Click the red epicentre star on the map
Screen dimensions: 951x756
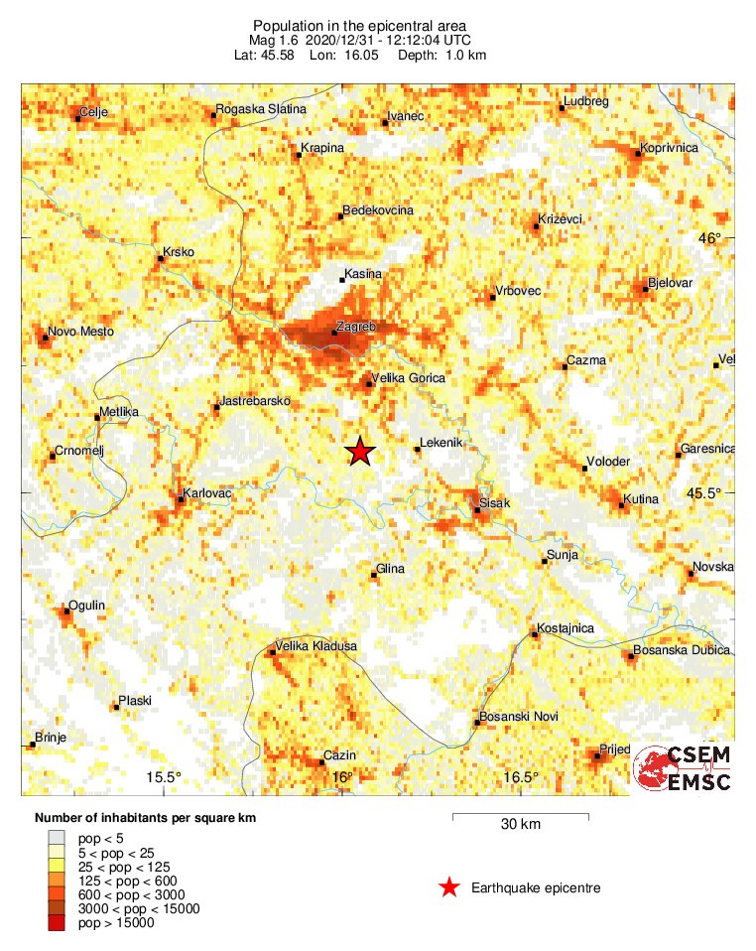tap(360, 452)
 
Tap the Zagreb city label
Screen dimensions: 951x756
tap(355, 325)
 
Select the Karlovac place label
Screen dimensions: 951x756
tap(208, 492)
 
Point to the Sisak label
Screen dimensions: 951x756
tap(494, 503)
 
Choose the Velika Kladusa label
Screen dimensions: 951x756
tap(315, 646)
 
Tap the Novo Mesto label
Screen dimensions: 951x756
tap(81, 332)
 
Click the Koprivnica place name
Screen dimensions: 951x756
tap(670, 148)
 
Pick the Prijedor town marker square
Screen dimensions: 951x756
tap(597, 756)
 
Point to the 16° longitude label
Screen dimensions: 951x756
tap(342, 777)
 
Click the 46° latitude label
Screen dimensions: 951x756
tap(710, 238)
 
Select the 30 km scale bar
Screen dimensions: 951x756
tap(521, 817)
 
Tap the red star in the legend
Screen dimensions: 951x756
tap(449, 887)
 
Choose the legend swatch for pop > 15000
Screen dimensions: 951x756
tap(56, 923)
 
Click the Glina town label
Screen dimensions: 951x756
tap(391, 570)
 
